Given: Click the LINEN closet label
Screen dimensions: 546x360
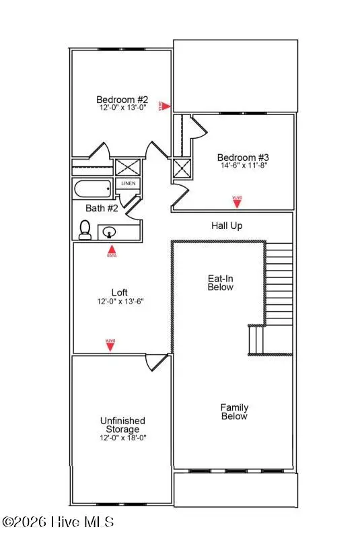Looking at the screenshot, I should pyautogui.click(x=128, y=183).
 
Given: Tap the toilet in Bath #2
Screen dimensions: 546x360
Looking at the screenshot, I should pyautogui.click(x=85, y=230).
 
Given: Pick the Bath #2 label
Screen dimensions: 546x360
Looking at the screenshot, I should pyautogui.click(x=102, y=208).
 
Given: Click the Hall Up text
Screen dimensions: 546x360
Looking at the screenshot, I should pyautogui.click(x=227, y=226).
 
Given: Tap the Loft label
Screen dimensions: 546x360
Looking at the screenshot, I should pyautogui.click(x=119, y=292).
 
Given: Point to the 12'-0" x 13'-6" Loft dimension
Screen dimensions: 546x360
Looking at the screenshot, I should pyautogui.click(x=119, y=302).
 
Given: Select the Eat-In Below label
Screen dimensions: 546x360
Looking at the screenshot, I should pyautogui.click(x=220, y=282).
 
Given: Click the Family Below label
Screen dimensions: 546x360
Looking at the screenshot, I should pyautogui.click(x=234, y=411).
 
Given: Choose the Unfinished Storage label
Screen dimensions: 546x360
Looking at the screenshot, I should pyautogui.click(x=122, y=425).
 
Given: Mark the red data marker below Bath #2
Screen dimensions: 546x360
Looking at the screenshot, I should pyautogui.click(x=112, y=252).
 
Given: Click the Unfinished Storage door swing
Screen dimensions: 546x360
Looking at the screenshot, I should pyautogui.click(x=156, y=362).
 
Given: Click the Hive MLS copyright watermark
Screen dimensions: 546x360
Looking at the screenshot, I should pyautogui.click(x=58, y=522).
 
